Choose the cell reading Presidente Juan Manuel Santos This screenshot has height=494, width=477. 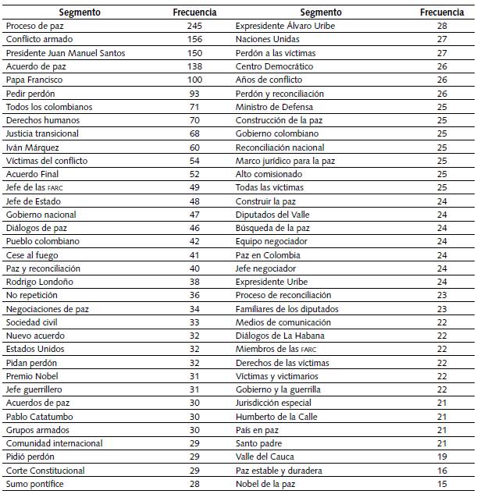point(65,52)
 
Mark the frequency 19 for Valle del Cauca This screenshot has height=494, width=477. point(442,457)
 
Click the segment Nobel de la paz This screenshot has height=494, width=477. point(268,484)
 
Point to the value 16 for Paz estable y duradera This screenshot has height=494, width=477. point(442,471)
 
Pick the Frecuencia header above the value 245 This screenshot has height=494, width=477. point(194,12)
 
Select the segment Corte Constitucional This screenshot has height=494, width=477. point(44,471)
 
